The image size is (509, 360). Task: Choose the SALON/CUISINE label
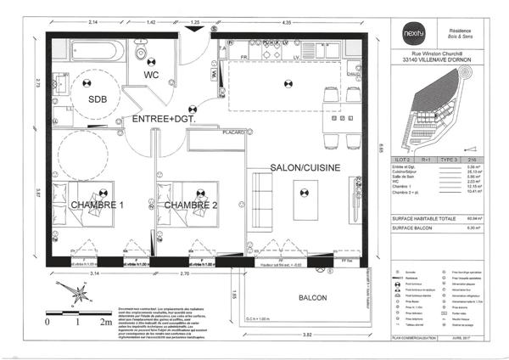(x=305, y=168)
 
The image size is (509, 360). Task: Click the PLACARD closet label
(x=234, y=132)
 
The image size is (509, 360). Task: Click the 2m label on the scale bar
(x=107, y=323)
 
